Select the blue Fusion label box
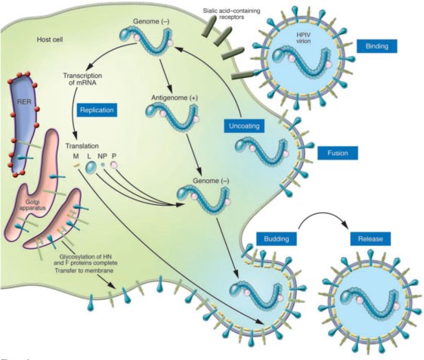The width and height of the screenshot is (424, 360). coord(336,153)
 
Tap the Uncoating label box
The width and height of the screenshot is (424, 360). coord(246,126)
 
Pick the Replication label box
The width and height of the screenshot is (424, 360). coord(94,110)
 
